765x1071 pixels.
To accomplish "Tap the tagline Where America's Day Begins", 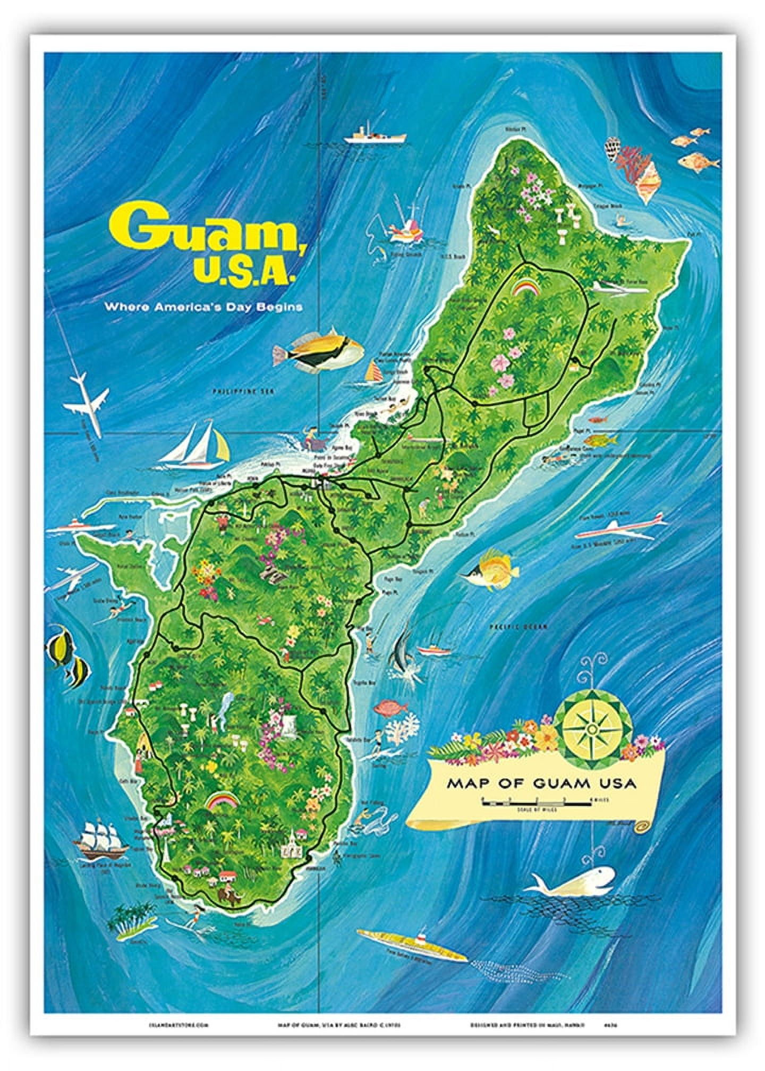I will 203,307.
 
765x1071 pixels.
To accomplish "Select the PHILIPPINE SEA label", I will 234,391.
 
